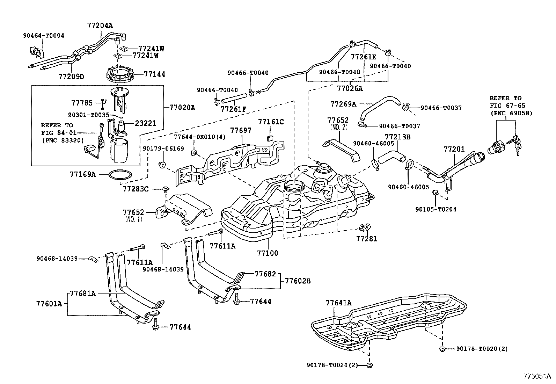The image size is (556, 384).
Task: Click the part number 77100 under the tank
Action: (x=268, y=253)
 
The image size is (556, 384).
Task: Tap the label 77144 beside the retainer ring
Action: (x=155, y=74)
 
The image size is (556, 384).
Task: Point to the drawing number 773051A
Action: (x=537, y=376)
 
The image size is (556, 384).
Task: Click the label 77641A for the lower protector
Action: (x=338, y=303)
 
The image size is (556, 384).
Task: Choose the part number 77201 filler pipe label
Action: (x=454, y=149)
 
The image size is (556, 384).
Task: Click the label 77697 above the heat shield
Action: (x=241, y=130)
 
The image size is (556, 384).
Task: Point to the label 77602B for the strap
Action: (x=298, y=281)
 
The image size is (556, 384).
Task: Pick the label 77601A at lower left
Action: (x=49, y=304)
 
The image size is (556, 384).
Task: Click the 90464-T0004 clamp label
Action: (x=44, y=36)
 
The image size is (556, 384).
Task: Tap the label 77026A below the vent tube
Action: (x=350, y=88)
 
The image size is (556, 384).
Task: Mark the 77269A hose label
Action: (x=343, y=104)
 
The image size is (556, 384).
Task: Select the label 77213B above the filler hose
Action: (x=398, y=137)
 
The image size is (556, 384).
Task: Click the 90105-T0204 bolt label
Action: (x=436, y=209)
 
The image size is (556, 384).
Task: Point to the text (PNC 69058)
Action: (x=512, y=113)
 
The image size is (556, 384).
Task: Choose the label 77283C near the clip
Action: (x=136, y=189)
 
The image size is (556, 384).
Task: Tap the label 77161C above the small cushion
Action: (x=271, y=122)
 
